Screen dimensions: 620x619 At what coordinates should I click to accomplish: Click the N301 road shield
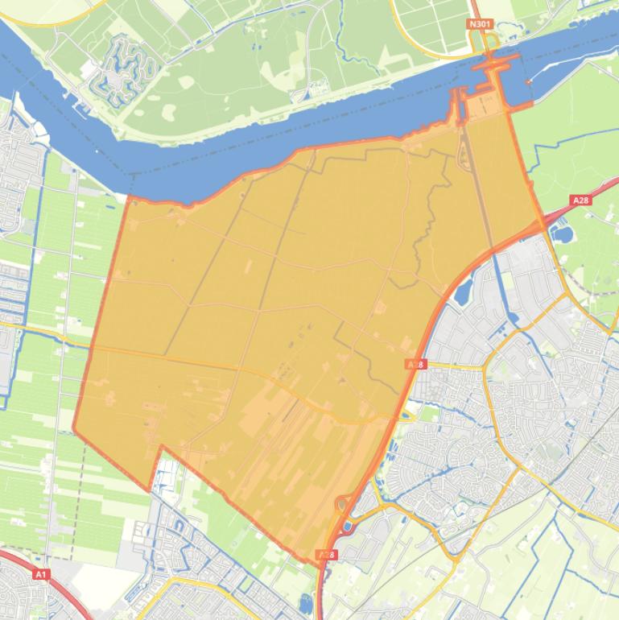[x=480, y=24]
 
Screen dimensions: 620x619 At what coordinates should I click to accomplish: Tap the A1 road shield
[x=41, y=574]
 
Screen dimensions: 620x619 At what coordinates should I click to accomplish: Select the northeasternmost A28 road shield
[x=580, y=200]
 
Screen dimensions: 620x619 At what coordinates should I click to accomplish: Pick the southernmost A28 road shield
[x=327, y=555]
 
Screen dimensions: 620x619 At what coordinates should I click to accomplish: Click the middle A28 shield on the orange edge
[x=415, y=365]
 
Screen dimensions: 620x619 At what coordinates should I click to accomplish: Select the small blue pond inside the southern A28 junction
[x=348, y=527]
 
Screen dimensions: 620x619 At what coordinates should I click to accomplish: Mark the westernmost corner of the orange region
[x=74, y=430]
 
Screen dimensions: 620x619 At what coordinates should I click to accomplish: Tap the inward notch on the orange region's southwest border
[x=161, y=447]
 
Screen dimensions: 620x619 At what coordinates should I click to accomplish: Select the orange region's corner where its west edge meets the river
[x=128, y=197]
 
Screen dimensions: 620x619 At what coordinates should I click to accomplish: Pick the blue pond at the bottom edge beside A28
[x=306, y=603]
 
